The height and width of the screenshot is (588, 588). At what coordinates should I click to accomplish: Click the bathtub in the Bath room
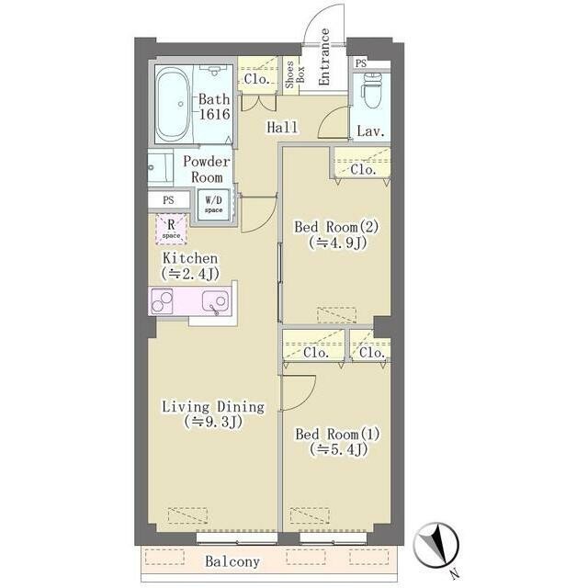click(x=173, y=104)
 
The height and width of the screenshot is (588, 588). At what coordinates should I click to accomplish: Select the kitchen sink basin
click(x=215, y=300)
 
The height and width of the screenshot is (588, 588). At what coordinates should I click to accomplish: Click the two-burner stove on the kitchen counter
click(x=162, y=300)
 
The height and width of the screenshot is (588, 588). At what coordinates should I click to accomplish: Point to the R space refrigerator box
click(x=172, y=229)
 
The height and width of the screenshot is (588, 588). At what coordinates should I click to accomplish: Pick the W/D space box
click(x=214, y=206)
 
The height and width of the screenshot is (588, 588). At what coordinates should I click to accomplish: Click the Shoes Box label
click(x=295, y=74)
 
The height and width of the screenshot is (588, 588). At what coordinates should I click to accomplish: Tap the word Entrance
click(x=323, y=57)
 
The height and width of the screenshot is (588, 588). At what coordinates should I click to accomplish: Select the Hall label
click(x=282, y=127)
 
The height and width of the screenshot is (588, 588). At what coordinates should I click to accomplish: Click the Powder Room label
click(x=206, y=169)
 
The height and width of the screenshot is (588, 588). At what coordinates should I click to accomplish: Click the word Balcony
click(x=232, y=561)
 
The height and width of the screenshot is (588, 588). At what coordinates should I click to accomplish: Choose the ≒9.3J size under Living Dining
click(x=213, y=423)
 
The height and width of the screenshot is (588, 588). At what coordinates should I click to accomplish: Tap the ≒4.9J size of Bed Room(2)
click(x=337, y=243)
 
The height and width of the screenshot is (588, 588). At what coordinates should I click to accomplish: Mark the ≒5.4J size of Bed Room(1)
click(x=337, y=449)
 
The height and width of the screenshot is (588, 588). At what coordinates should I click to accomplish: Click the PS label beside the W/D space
click(x=168, y=200)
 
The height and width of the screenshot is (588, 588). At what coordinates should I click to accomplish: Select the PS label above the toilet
click(x=361, y=63)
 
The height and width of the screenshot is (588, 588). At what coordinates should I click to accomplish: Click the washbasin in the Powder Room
click(x=160, y=167)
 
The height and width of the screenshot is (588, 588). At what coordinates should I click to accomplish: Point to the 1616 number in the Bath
click(x=214, y=114)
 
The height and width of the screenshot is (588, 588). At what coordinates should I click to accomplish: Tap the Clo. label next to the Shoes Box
click(x=257, y=79)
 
